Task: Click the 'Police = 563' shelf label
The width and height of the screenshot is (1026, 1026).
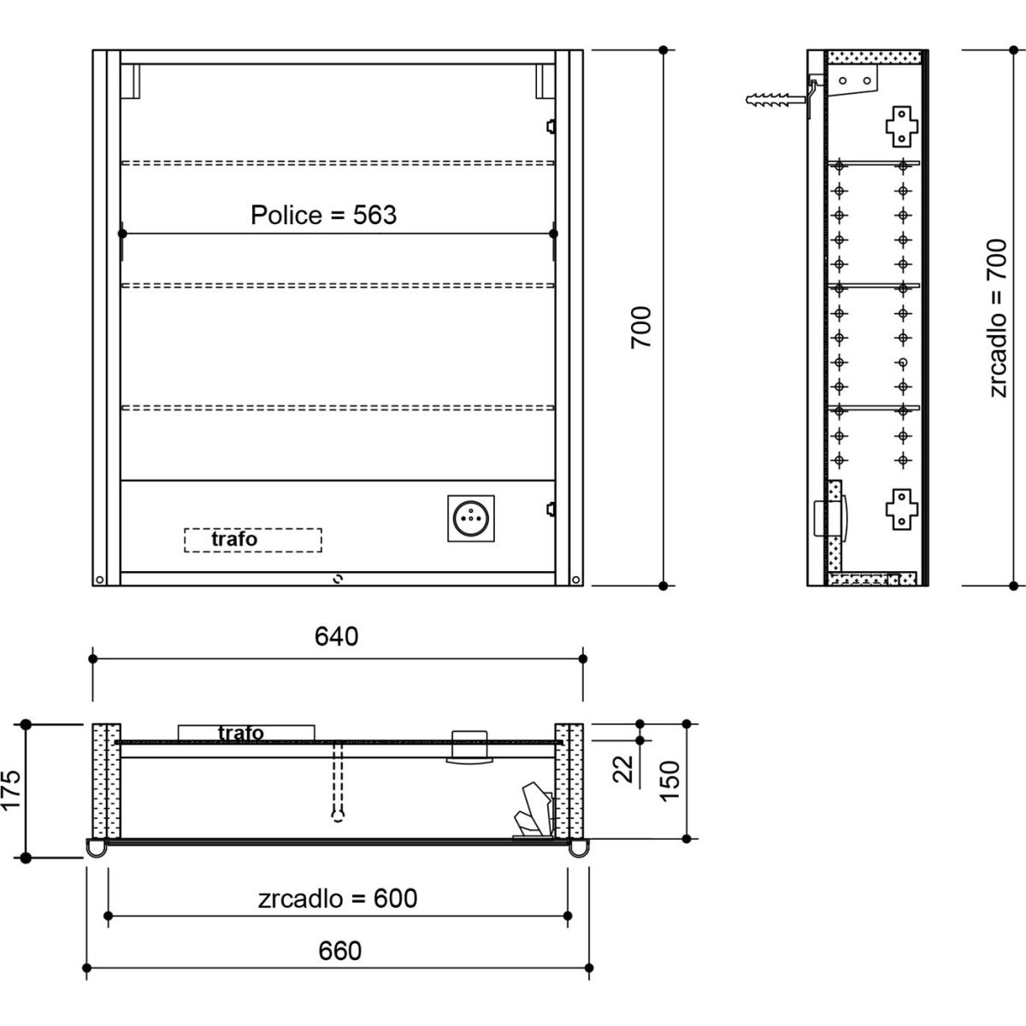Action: [x=324, y=215]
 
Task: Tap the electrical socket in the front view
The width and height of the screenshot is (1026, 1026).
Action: [x=470, y=518]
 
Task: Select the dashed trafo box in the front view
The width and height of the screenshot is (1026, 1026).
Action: [x=253, y=540]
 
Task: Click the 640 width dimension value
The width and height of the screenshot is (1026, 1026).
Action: [x=337, y=636]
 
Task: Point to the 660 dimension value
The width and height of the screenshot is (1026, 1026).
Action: [x=339, y=951]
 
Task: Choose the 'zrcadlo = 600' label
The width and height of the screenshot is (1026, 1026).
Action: [x=338, y=899]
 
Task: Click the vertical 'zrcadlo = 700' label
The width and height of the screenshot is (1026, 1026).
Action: [x=997, y=318]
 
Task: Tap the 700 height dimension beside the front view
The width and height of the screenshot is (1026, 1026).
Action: [x=640, y=327]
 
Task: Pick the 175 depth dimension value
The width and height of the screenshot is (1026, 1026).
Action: [x=12, y=790]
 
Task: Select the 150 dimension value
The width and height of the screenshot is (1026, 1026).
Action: [x=669, y=781]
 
